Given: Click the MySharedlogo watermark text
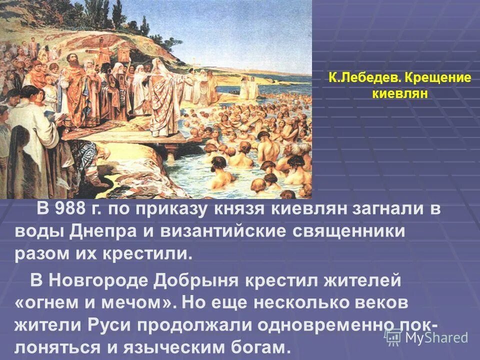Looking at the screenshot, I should click(x=435, y=337).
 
